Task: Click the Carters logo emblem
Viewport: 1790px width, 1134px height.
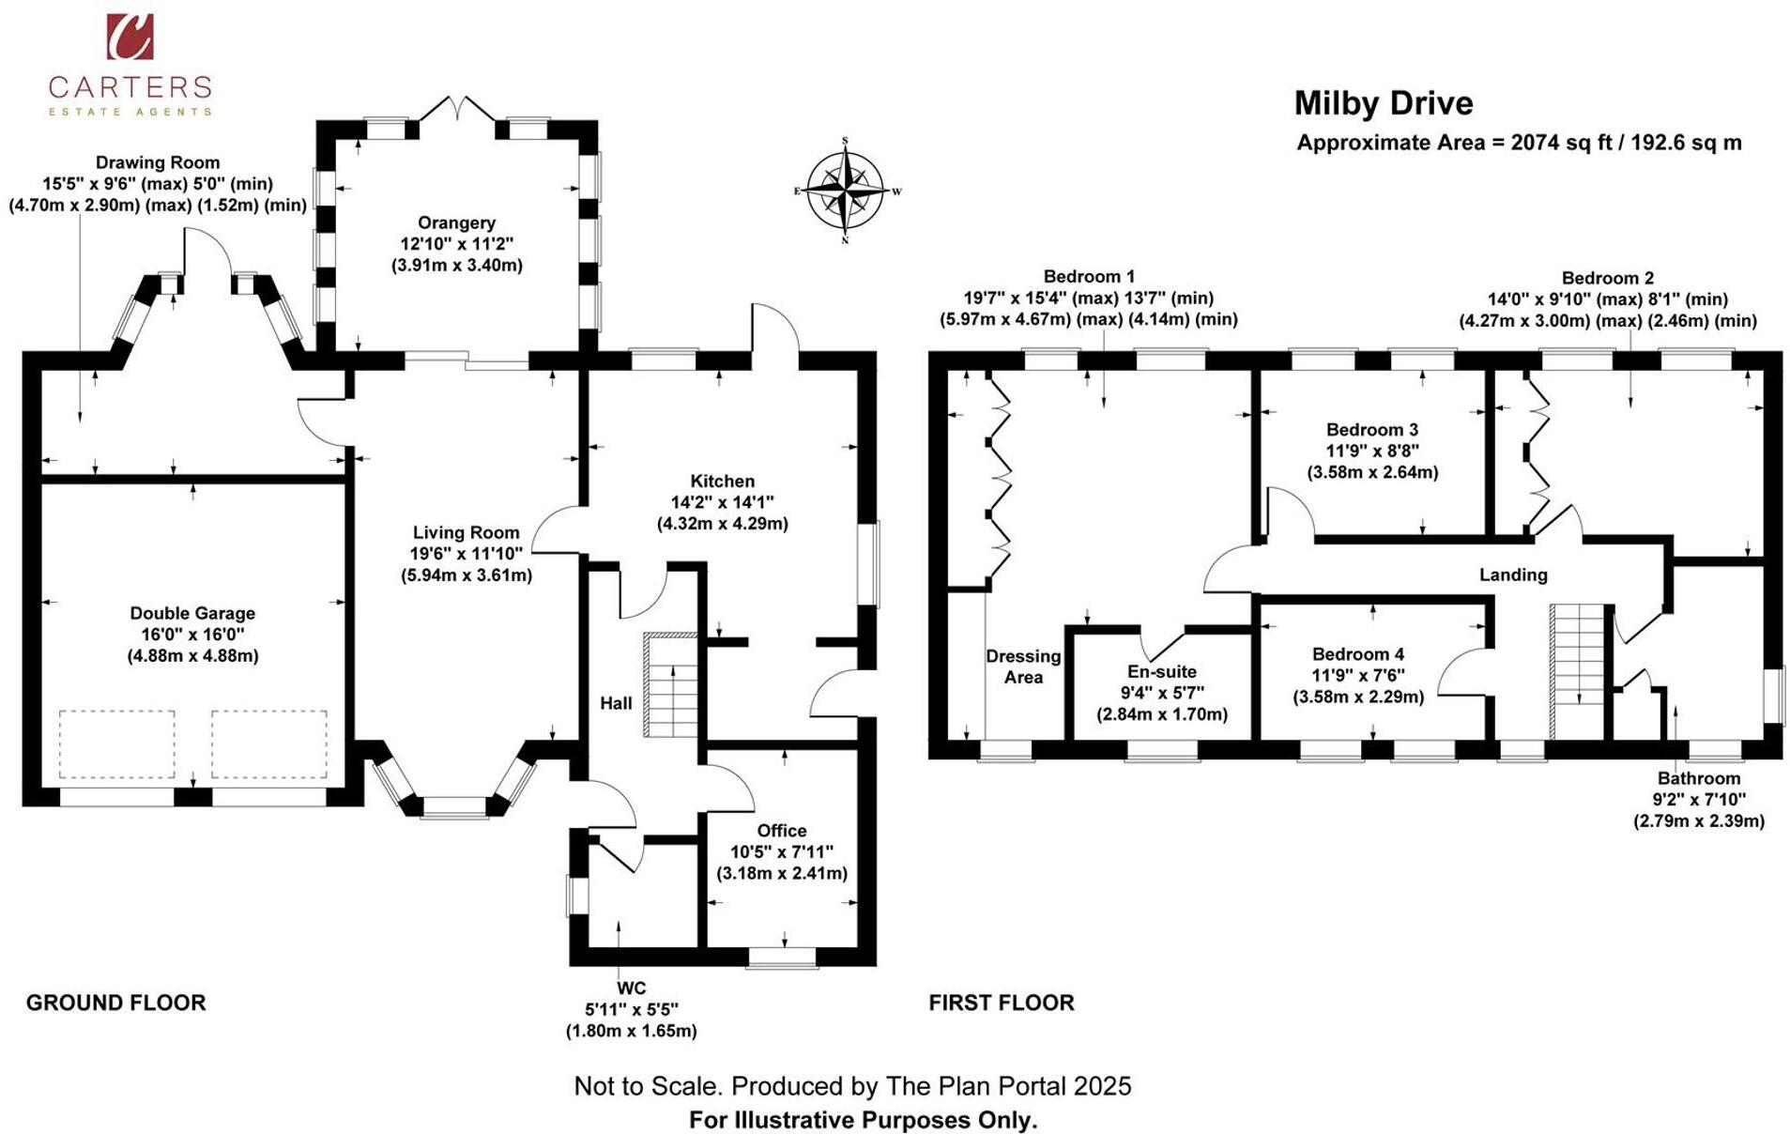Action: click(130, 37)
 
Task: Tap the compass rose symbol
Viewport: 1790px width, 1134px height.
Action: click(845, 191)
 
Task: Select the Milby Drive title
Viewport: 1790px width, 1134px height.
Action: click(1383, 103)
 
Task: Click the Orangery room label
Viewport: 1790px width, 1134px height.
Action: click(456, 223)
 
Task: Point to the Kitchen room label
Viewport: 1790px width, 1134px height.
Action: click(722, 482)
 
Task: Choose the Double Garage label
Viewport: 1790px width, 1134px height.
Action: click(192, 614)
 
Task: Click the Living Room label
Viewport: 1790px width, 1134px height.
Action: click(466, 533)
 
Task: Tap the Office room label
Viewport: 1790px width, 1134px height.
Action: click(781, 831)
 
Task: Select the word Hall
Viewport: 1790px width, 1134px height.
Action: click(616, 703)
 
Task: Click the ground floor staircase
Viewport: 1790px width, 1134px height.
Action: click(670, 685)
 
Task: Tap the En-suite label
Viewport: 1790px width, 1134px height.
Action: click(1162, 672)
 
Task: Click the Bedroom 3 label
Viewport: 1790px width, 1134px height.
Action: click(1371, 430)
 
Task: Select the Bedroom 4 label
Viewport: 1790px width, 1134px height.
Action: click(1357, 654)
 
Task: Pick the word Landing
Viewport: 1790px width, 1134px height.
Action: click(1513, 575)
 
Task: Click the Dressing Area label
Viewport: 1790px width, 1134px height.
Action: click(1023, 667)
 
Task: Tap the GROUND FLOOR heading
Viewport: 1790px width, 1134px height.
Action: click(115, 1003)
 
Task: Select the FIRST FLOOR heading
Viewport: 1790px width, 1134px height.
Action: click(1001, 1003)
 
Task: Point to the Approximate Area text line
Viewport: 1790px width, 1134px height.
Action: click(1518, 143)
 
